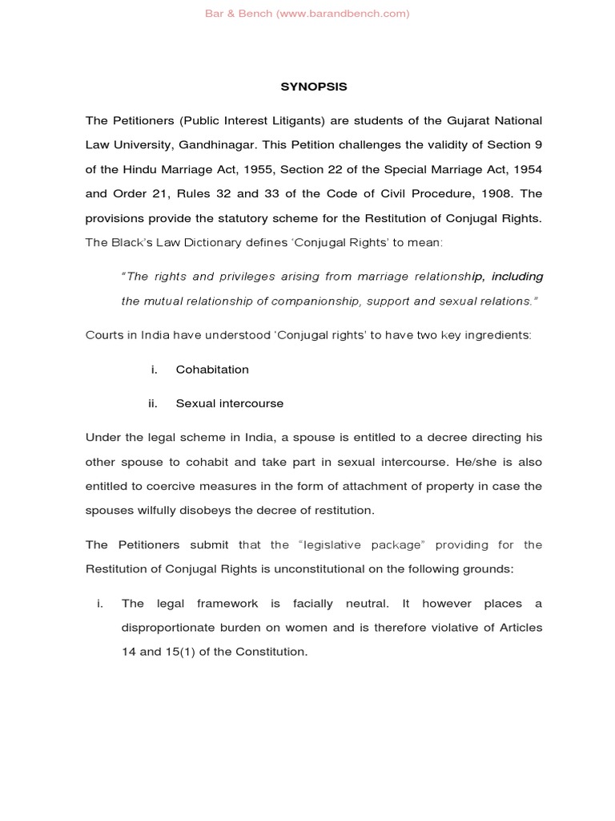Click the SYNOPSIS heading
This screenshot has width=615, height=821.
[x=307, y=87]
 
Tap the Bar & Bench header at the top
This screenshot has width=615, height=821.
[x=307, y=14]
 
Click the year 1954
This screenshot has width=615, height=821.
[x=525, y=170]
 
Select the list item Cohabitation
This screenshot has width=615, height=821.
[x=212, y=370]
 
